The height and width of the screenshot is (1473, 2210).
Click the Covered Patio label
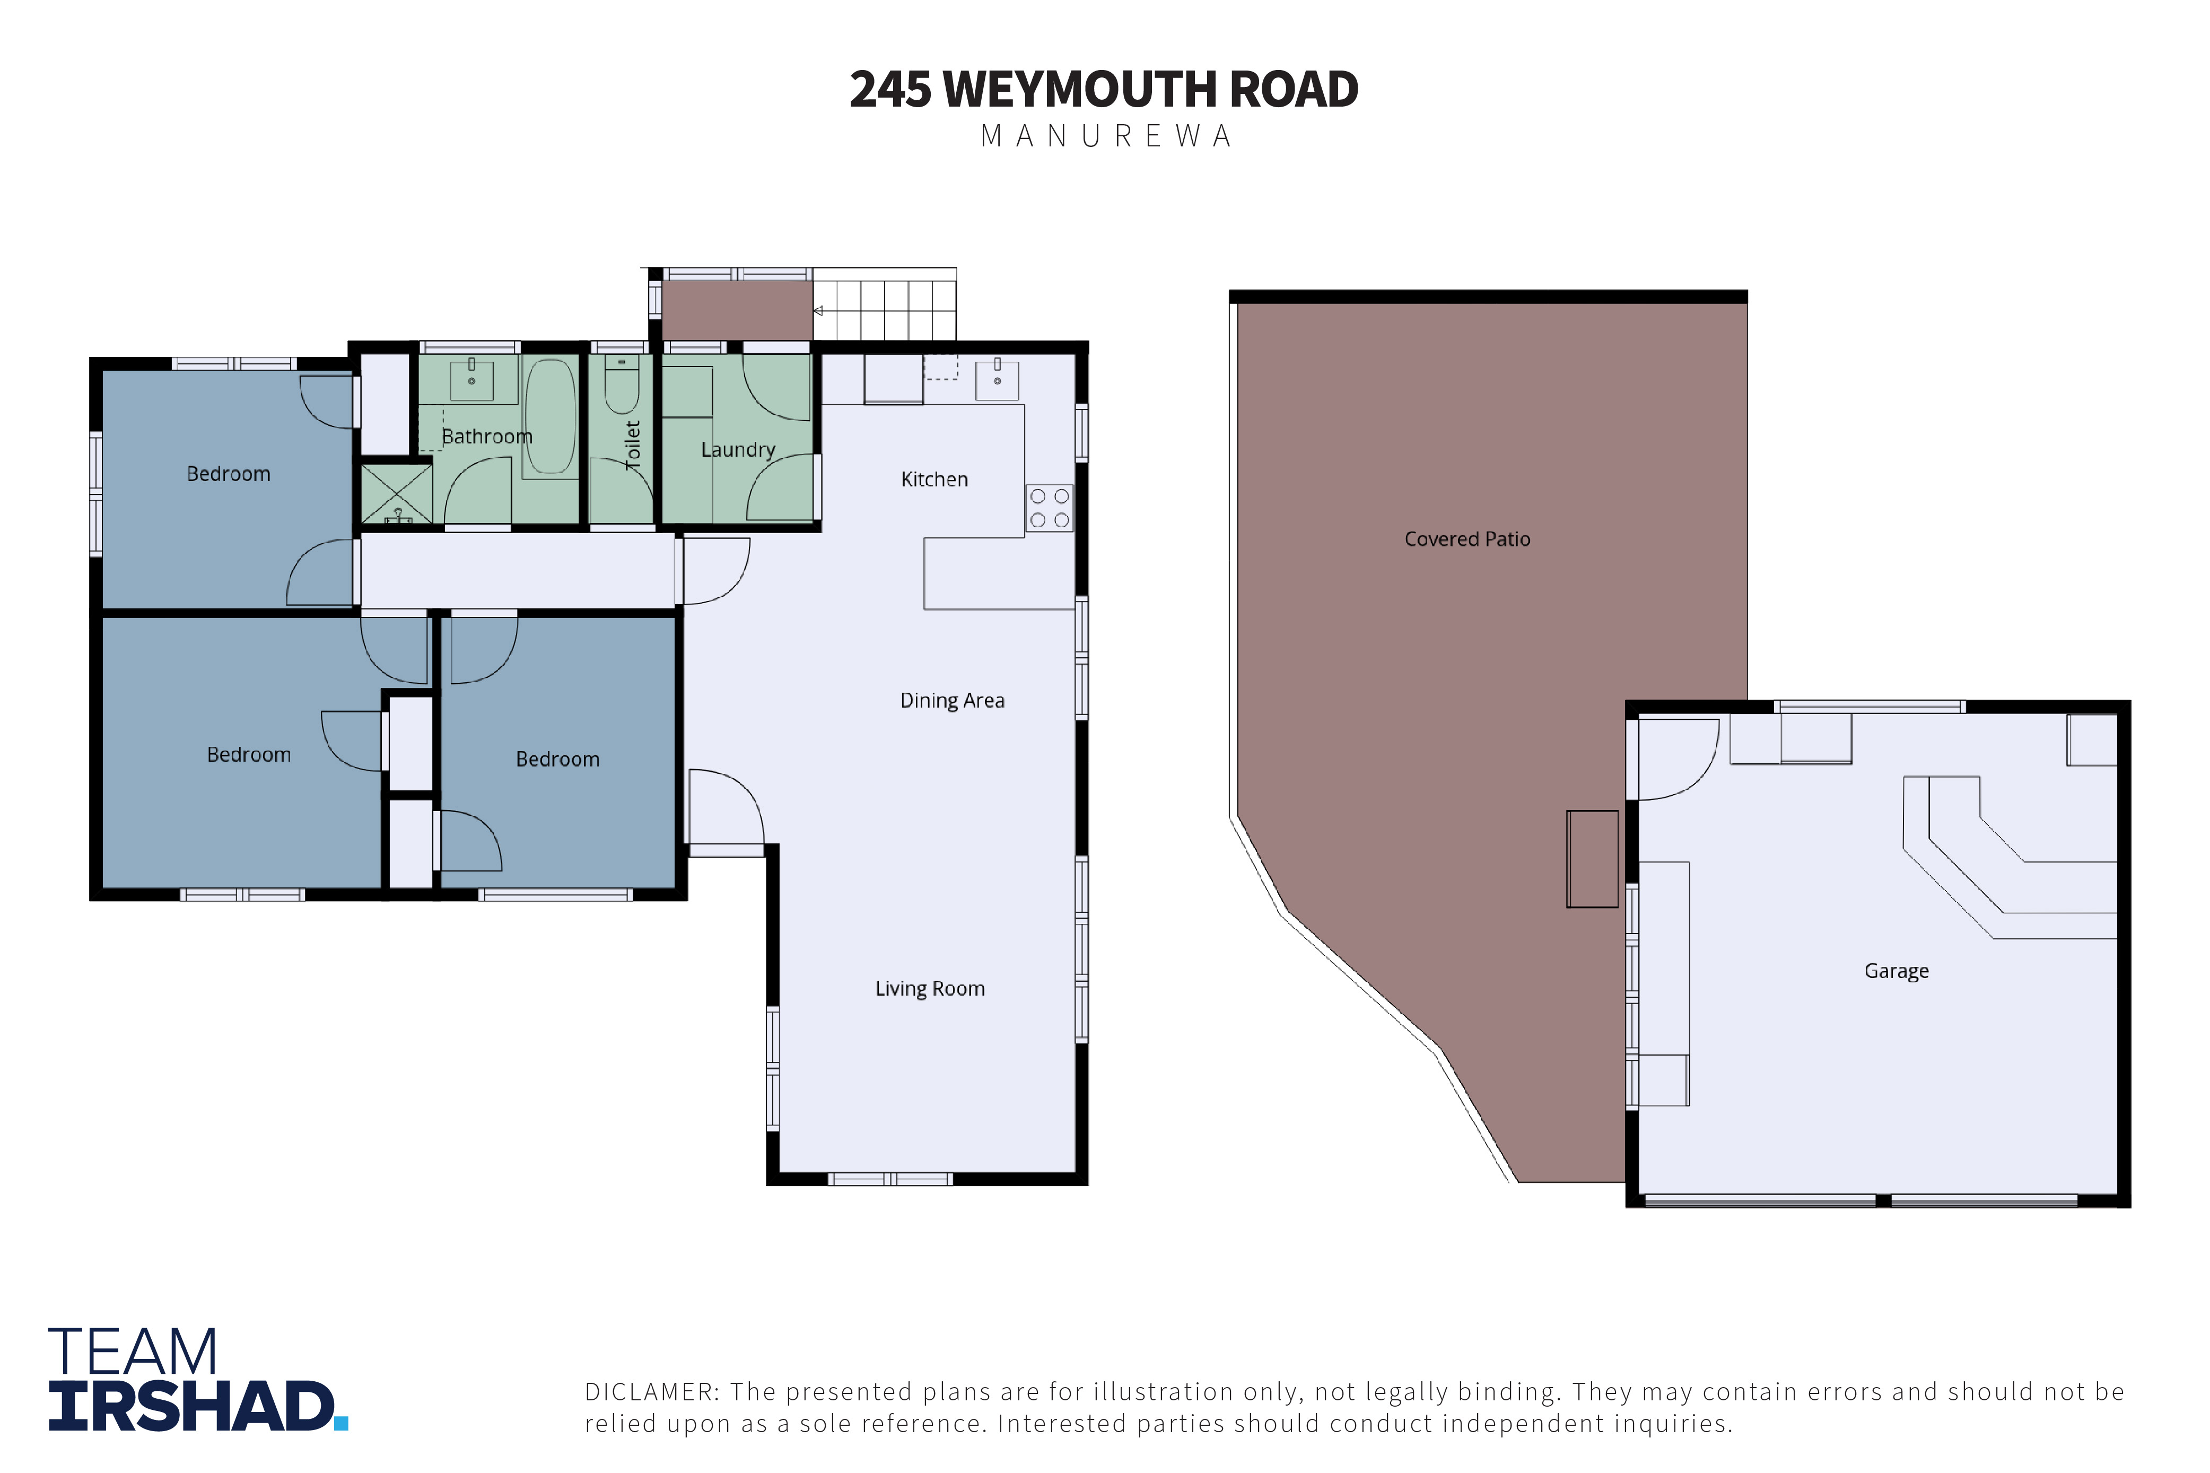click(x=1467, y=539)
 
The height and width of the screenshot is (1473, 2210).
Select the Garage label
click(x=1897, y=971)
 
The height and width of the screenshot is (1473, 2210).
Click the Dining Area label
click(x=953, y=701)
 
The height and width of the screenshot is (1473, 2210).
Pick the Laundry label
click(x=738, y=450)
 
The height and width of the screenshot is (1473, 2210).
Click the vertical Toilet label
click(x=633, y=445)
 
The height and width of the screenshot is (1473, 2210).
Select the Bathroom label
click(x=486, y=437)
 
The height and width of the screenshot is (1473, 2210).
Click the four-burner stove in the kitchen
click(x=1049, y=508)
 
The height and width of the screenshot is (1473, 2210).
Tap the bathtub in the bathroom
click(x=551, y=417)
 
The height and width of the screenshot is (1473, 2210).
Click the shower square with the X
click(x=396, y=493)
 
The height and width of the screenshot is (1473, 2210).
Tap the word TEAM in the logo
click(x=133, y=1352)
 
